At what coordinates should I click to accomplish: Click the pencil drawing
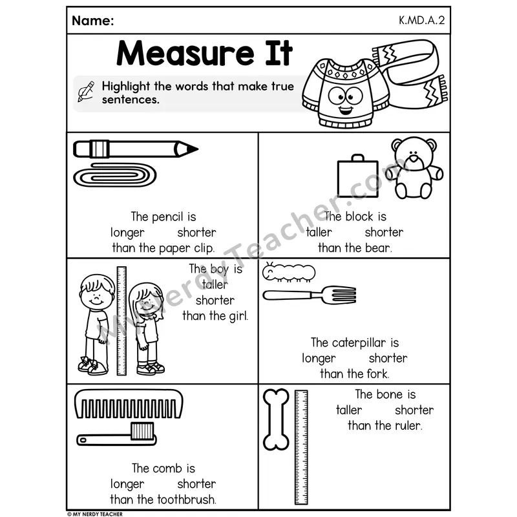[x=136, y=149]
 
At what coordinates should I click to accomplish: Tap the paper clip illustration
[x=115, y=175]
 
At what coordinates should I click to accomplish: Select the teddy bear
[x=414, y=168]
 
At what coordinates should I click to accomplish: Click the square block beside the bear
[x=358, y=176]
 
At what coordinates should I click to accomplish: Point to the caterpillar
[x=289, y=272]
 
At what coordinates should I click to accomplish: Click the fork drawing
[x=310, y=295]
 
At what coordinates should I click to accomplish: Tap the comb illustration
[x=129, y=405]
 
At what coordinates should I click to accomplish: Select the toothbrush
[x=116, y=434]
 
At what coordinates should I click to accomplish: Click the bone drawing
[x=277, y=419]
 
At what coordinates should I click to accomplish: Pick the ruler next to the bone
[x=301, y=447]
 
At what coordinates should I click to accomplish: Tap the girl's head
[x=146, y=301]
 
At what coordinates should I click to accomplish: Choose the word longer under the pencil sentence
[x=127, y=233]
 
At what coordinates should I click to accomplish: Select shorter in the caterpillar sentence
[x=388, y=358]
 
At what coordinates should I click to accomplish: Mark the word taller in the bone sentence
[x=349, y=410]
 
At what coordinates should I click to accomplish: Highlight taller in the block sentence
[x=319, y=232]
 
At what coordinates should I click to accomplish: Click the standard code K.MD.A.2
[x=422, y=21]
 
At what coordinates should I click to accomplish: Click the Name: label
[x=93, y=21]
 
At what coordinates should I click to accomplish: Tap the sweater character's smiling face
[x=346, y=101]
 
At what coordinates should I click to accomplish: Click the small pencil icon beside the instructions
[x=86, y=91]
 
